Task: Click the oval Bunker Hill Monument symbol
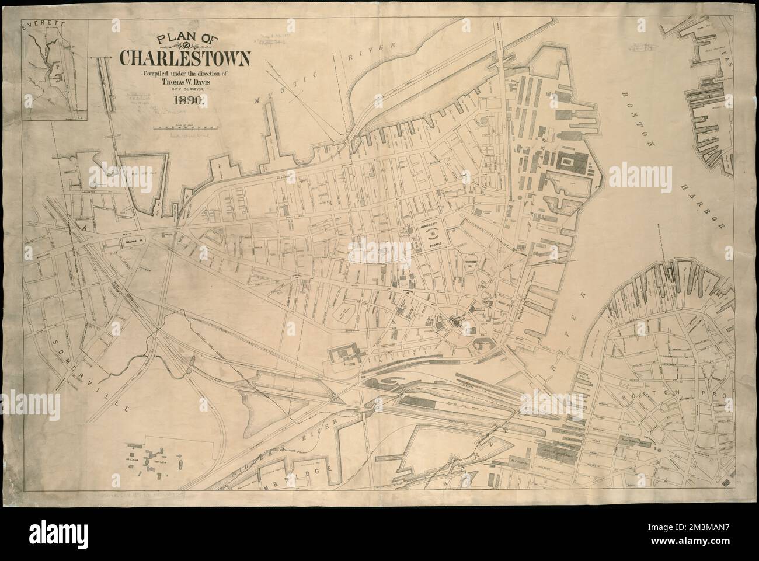(433, 234)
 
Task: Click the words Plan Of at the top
(183, 39)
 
